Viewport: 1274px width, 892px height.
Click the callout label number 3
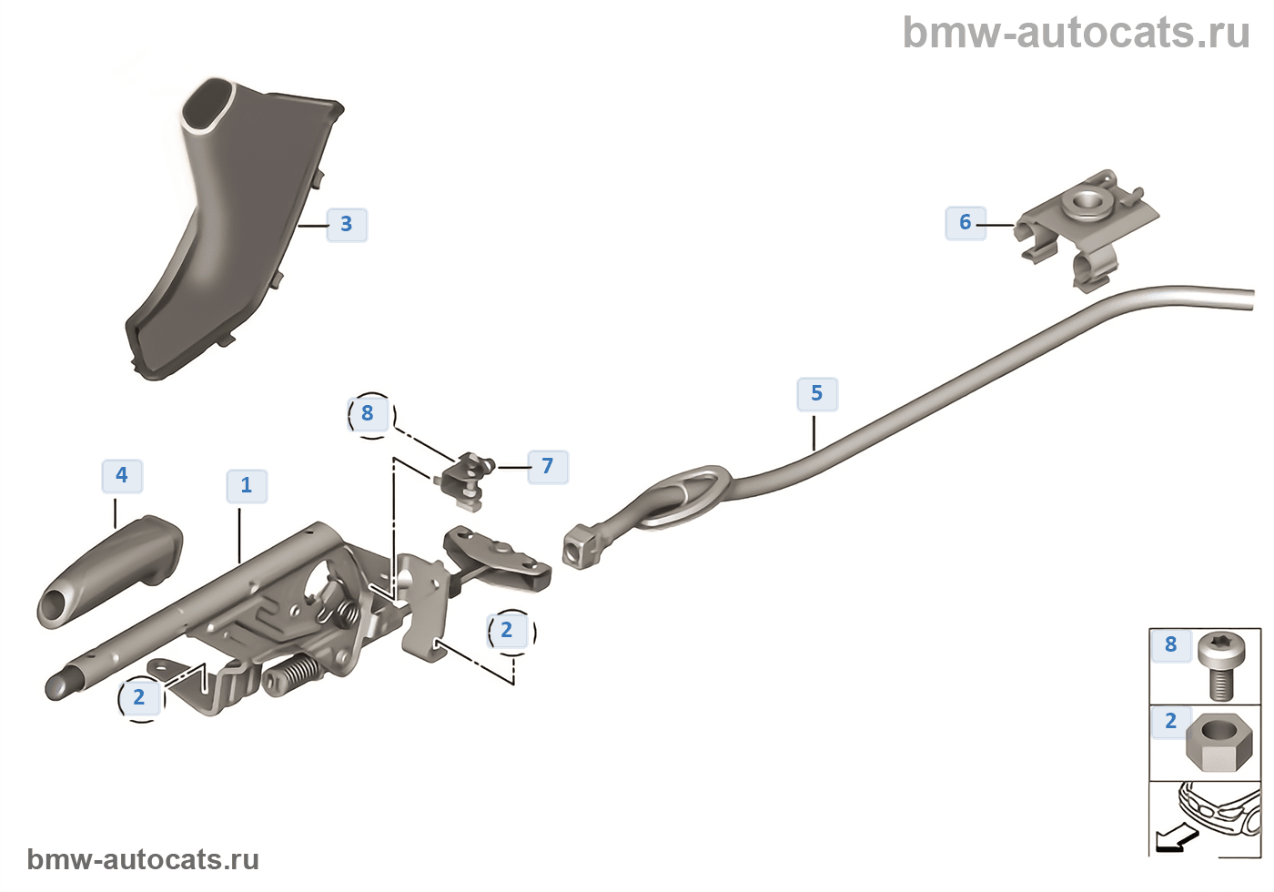click(347, 224)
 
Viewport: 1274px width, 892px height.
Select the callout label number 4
click(122, 475)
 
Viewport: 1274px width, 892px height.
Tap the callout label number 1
click(247, 485)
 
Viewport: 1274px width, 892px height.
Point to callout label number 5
click(817, 393)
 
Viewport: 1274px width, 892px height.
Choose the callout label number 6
click(966, 222)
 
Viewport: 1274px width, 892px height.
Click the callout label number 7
click(548, 466)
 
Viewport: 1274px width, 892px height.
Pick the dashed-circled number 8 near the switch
click(368, 413)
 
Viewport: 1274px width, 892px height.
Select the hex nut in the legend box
click(1219, 741)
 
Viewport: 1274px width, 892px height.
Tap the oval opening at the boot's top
click(208, 106)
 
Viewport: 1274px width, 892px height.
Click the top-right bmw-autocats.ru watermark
click(1076, 33)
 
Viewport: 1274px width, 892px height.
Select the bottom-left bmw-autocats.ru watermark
click(143, 859)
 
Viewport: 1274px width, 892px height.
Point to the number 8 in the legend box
click(1171, 644)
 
